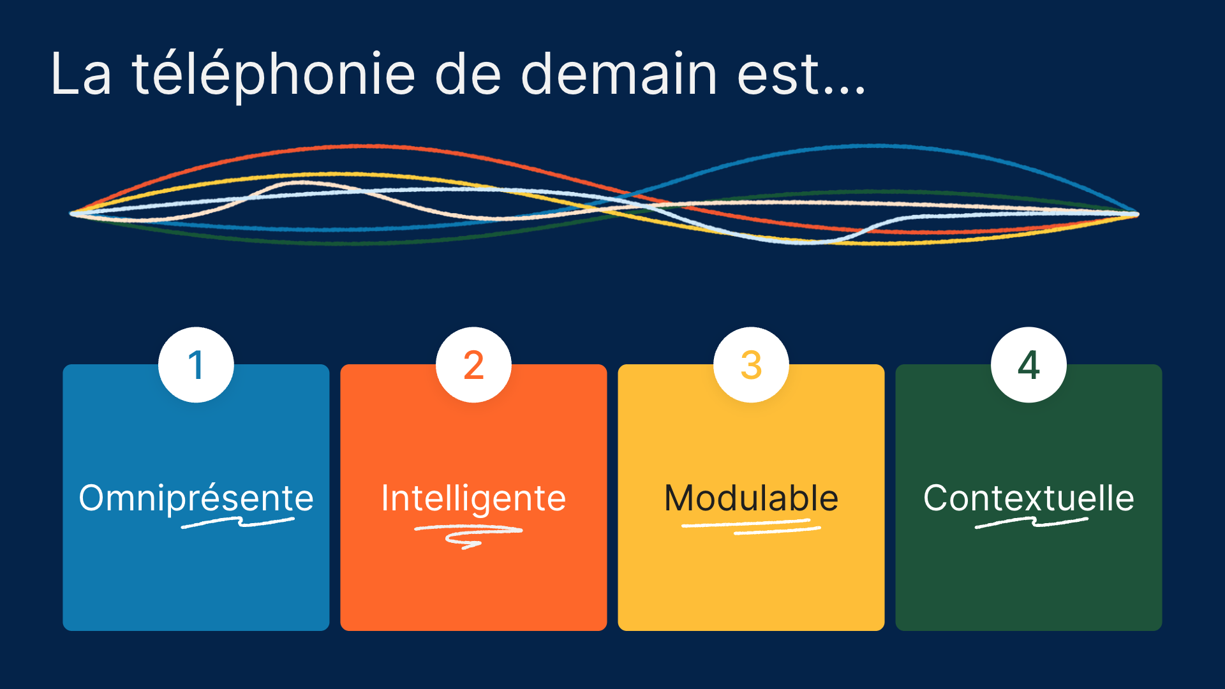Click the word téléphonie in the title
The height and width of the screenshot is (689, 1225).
(274, 75)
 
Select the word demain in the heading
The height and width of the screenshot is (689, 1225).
(619, 74)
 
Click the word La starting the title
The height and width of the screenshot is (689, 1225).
(81, 74)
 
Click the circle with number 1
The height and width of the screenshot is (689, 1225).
(196, 365)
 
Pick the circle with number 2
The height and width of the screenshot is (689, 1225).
(473, 365)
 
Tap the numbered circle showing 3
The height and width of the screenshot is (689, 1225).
(751, 365)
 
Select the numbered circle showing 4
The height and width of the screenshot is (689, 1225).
(1028, 365)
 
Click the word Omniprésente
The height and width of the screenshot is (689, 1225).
(196, 498)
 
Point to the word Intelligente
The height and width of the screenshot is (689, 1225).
(473, 498)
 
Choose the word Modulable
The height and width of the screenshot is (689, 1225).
(751, 498)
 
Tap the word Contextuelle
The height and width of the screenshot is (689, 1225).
(1028, 498)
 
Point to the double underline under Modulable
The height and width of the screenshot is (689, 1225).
(751, 526)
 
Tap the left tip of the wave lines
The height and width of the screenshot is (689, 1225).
(72, 213)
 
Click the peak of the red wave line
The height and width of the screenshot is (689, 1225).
(357, 146)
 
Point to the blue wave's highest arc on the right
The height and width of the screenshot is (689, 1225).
(877, 146)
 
